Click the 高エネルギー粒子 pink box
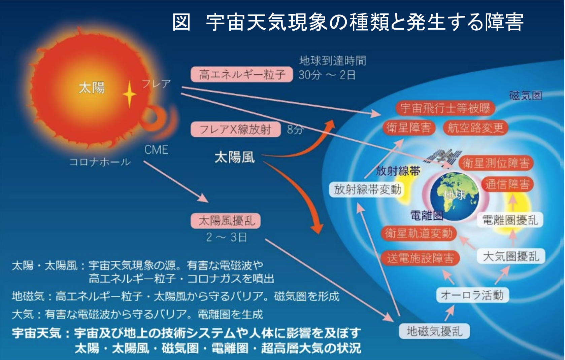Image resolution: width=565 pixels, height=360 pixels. click(242, 75)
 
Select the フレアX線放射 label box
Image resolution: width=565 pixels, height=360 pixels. click(236, 130)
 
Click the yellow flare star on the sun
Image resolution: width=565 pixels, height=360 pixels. click(129, 94)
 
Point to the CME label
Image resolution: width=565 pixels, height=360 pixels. click(156, 150)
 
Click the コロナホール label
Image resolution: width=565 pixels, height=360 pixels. click(100, 162)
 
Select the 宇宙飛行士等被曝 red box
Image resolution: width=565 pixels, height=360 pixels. click(445, 108)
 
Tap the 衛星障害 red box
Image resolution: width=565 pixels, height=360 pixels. click(409, 128)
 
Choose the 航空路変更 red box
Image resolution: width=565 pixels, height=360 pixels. click(475, 128)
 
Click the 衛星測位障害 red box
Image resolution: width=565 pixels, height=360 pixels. click(496, 163)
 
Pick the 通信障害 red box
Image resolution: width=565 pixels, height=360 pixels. click(507, 184)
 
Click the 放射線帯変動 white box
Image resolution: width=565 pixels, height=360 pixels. click(367, 189)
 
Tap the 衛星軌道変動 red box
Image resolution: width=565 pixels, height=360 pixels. click(419, 233)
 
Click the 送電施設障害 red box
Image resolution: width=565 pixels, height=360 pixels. click(420, 258)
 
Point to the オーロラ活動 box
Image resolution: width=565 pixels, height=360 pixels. click(472, 295)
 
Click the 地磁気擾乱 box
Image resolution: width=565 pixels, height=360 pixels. click(434, 331)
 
